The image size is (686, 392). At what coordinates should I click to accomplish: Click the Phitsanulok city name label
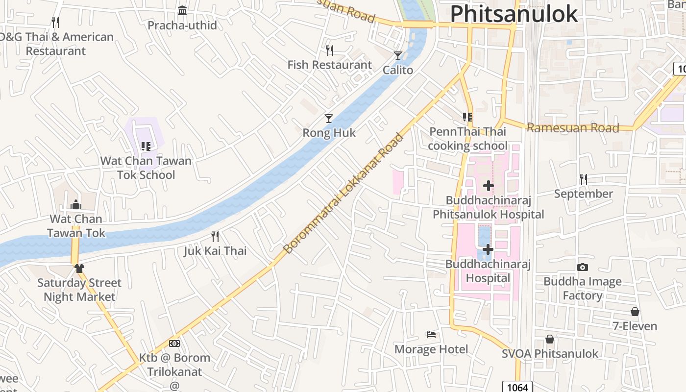pyautogui.click(x=514, y=14)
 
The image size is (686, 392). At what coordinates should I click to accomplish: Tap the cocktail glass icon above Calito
pyautogui.click(x=398, y=56)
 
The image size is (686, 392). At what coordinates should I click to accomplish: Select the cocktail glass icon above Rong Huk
pyautogui.click(x=329, y=119)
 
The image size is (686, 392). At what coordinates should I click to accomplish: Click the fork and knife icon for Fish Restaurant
pyautogui.click(x=330, y=50)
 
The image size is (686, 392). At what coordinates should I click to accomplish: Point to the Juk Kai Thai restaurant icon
pyautogui.click(x=215, y=237)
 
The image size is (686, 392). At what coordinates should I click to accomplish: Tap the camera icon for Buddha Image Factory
pyautogui.click(x=582, y=267)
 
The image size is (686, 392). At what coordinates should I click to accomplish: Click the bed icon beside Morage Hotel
pyautogui.click(x=431, y=335)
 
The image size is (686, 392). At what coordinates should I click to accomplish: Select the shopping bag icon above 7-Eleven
pyautogui.click(x=635, y=312)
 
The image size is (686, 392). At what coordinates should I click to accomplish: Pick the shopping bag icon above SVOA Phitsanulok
pyautogui.click(x=550, y=339)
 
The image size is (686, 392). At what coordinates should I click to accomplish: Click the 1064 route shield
pyautogui.click(x=517, y=387)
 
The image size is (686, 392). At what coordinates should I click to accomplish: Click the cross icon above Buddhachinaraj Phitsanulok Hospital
pyautogui.click(x=488, y=186)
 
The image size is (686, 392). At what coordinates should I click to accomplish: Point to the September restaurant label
pyautogui.click(x=583, y=194)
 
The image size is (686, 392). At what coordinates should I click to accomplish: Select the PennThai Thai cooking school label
pyautogui.click(x=467, y=139)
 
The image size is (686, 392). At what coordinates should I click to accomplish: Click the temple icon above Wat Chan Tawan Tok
pyautogui.click(x=76, y=204)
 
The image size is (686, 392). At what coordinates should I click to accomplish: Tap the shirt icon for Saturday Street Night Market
pyautogui.click(x=79, y=268)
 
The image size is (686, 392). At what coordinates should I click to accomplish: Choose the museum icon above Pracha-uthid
pyautogui.click(x=182, y=10)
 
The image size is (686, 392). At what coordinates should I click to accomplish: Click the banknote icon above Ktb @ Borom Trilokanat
pyautogui.click(x=174, y=343)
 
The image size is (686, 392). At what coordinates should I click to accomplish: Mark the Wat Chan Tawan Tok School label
pyautogui.click(x=146, y=168)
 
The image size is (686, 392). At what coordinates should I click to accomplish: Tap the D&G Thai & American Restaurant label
pyautogui.click(x=56, y=44)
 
